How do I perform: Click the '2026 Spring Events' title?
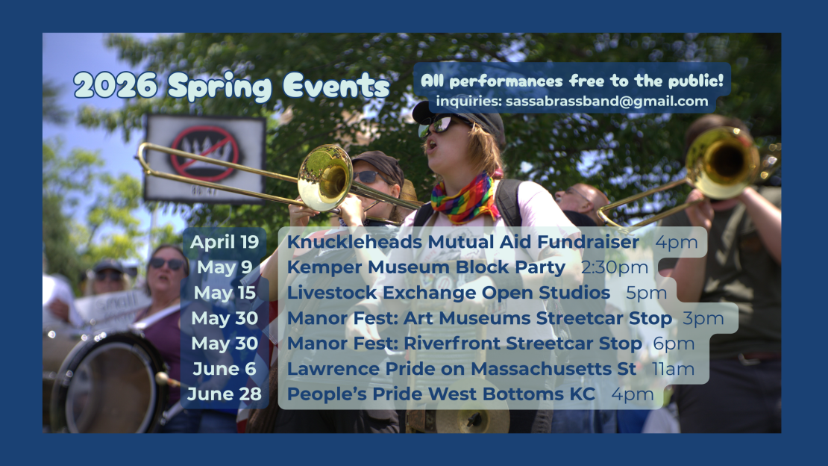(x=231, y=86)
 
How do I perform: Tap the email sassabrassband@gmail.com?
(x=606, y=102)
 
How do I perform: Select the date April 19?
(x=225, y=242)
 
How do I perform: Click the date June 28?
(x=225, y=394)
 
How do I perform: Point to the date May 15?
(x=225, y=293)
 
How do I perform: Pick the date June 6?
(x=225, y=369)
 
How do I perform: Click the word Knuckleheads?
(x=354, y=242)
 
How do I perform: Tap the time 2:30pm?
(x=615, y=267)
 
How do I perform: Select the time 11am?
(x=674, y=369)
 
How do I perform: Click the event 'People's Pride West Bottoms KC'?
(x=441, y=394)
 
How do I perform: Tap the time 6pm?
(x=674, y=344)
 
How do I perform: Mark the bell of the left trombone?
(x=324, y=178)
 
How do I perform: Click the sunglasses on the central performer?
(x=442, y=125)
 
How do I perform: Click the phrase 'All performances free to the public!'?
(x=572, y=81)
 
